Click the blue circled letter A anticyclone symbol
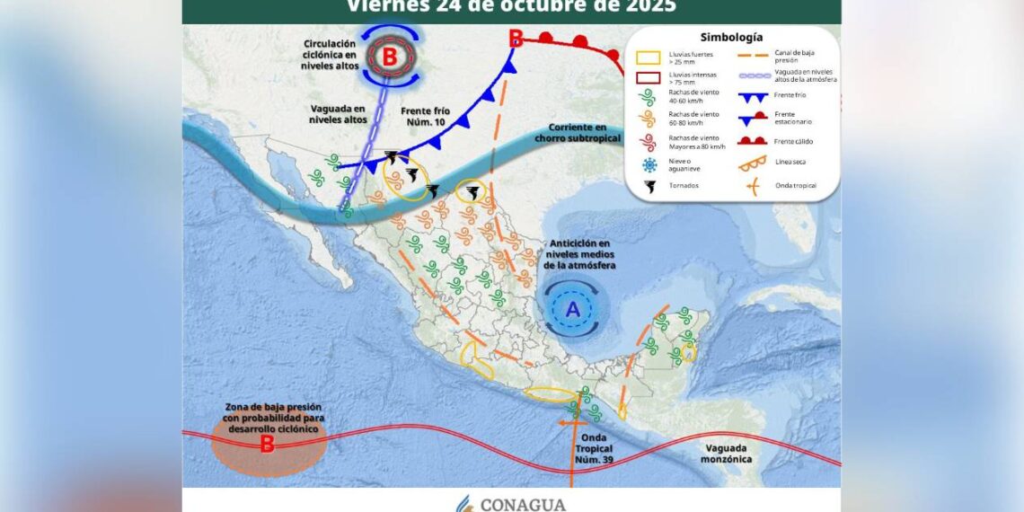coord(573,310)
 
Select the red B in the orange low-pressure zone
coord(267,444)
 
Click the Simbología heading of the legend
coord(732,37)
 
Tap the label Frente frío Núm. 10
coord(424,116)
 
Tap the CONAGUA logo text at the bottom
coord(524,504)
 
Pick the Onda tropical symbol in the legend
coord(753,186)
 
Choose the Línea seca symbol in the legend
coord(753,163)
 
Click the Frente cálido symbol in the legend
coord(753,139)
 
